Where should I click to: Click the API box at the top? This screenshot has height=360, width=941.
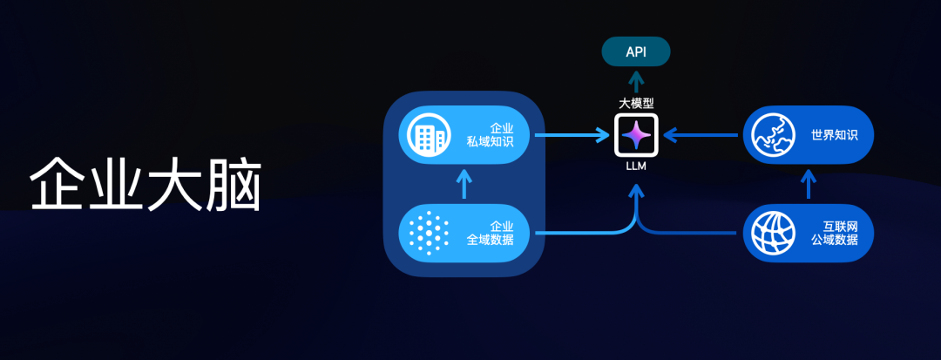point(636,51)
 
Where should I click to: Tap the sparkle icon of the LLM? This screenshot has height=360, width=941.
point(636,135)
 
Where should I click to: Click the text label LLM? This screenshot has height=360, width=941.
point(636,166)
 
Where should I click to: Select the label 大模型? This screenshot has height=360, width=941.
point(636,103)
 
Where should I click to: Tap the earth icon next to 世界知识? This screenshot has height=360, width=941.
point(773,135)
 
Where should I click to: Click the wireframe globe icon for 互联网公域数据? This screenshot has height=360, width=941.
point(773,234)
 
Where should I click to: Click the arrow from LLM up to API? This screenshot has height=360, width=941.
point(636,80)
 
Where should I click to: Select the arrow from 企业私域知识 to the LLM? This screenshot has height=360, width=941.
point(571,135)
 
